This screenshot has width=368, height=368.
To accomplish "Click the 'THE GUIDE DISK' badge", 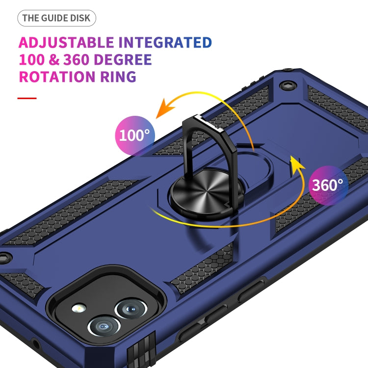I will point(57,19).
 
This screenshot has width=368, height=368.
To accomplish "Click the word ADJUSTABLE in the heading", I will point(66,42).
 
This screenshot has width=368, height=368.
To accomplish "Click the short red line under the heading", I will point(27,98).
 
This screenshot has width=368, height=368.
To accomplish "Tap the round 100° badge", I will point(134,134).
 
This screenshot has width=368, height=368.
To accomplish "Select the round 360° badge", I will point(328,185).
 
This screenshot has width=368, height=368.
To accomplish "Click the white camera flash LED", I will point(79,309).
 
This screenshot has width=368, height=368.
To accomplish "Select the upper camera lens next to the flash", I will point(129,309).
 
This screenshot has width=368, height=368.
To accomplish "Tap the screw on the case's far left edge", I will point(4,256).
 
